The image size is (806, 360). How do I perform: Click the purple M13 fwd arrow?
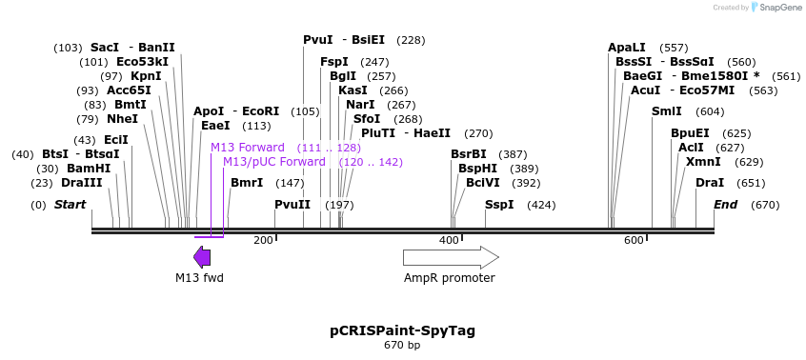(202, 257)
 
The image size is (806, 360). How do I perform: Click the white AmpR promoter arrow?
(450, 257)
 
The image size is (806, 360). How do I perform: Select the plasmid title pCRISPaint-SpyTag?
(402, 330)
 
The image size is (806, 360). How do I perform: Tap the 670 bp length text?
(402, 346)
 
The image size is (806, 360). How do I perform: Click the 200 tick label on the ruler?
(263, 240)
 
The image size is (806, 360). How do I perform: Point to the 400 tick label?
(449, 240)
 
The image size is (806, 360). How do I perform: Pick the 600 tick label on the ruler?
(634, 240)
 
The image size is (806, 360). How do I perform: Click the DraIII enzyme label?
(81, 183)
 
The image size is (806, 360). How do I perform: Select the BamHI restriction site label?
(88, 169)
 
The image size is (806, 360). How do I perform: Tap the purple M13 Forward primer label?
(248, 148)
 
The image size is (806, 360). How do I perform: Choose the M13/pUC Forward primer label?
(274, 162)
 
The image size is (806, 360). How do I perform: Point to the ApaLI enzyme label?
(627, 48)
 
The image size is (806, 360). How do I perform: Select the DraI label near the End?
(710, 183)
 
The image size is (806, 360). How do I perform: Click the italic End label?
(726, 205)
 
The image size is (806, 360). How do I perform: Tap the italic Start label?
(70, 205)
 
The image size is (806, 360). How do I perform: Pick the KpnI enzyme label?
(146, 76)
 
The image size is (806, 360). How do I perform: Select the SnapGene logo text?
(778, 8)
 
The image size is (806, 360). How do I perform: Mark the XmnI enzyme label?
(703, 162)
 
